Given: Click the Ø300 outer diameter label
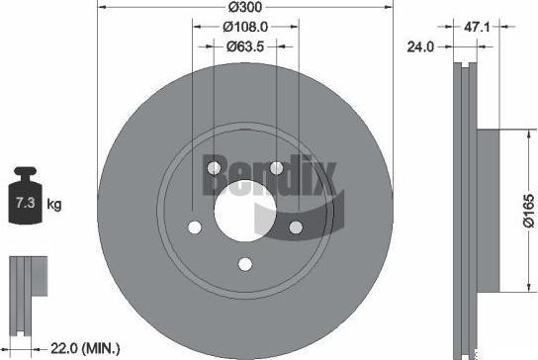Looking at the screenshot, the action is (x=245, y=7).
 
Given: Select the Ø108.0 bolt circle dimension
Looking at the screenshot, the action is (x=245, y=27).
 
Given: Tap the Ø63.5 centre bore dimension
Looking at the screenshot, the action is (x=245, y=46).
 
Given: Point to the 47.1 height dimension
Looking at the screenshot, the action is (x=477, y=27).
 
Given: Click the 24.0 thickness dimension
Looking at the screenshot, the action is (x=420, y=46).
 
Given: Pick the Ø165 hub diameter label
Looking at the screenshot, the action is (x=529, y=211).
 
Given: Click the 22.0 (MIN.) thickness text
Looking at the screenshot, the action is (x=85, y=349).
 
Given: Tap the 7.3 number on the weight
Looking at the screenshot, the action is (x=26, y=203).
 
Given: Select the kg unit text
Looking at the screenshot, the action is (x=54, y=205).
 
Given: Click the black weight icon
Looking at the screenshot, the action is (x=26, y=196).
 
